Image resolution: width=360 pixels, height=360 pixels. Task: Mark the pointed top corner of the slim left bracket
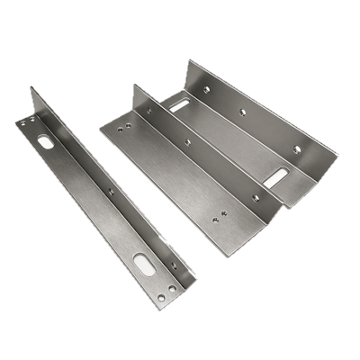click(x=31, y=87)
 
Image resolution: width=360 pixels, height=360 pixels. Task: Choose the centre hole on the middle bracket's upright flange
click(x=187, y=141)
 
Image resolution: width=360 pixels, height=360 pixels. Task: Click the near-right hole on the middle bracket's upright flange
click(x=255, y=196)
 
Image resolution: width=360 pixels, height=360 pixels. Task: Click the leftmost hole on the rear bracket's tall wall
click(x=206, y=89)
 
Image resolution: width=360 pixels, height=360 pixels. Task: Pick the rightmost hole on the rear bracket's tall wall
click(x=297, y=148)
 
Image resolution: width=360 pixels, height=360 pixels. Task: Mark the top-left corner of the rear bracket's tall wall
click(x=189, y=60)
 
